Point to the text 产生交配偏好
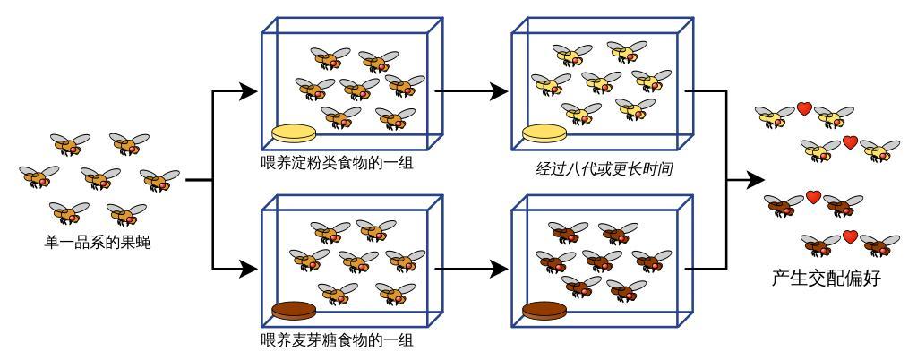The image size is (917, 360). [826, 278]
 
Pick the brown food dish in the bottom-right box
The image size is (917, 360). [544, 312]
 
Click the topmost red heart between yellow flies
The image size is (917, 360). [804, 109]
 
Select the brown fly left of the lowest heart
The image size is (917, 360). [820, 244]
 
